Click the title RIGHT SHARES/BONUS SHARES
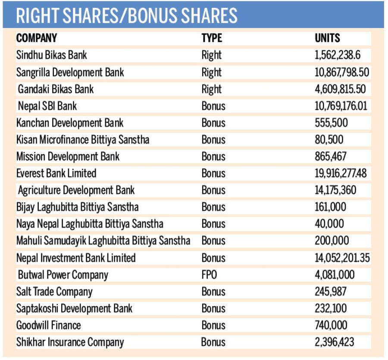click(x=127, y=16)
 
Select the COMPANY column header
click(x=37, y=38)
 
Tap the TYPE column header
click(x=212, y=38)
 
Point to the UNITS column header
click(x=327, y=38)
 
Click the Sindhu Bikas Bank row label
click(x=52, y=55)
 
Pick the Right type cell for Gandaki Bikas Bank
click(x=211, y=89)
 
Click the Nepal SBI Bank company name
click(x=47, y=106)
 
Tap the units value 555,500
click(x=331, y=123)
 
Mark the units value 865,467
click(x=331, y=156)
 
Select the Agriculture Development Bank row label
click(x=76, y=190)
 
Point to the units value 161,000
click(x=330, y=207)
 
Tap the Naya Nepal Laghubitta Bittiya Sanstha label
click(x=90, y=224)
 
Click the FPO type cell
click(x=209, y=275)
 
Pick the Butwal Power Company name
click(x=63, y=275)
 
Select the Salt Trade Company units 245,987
click(x=331, y=292)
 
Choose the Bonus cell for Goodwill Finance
click(x=213, y=325)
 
